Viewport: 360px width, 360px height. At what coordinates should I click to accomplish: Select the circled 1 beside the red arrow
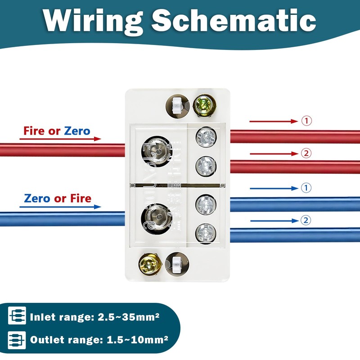[x=306, y=121]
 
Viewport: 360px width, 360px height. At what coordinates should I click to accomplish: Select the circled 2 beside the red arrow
[x=306, y=154]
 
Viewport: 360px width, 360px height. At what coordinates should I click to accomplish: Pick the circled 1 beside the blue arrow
[x=306, y=188]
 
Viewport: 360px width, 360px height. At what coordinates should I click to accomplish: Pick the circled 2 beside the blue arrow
[x=306, y=220]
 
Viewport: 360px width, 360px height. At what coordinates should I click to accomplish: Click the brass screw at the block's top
[x=202, y=105]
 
